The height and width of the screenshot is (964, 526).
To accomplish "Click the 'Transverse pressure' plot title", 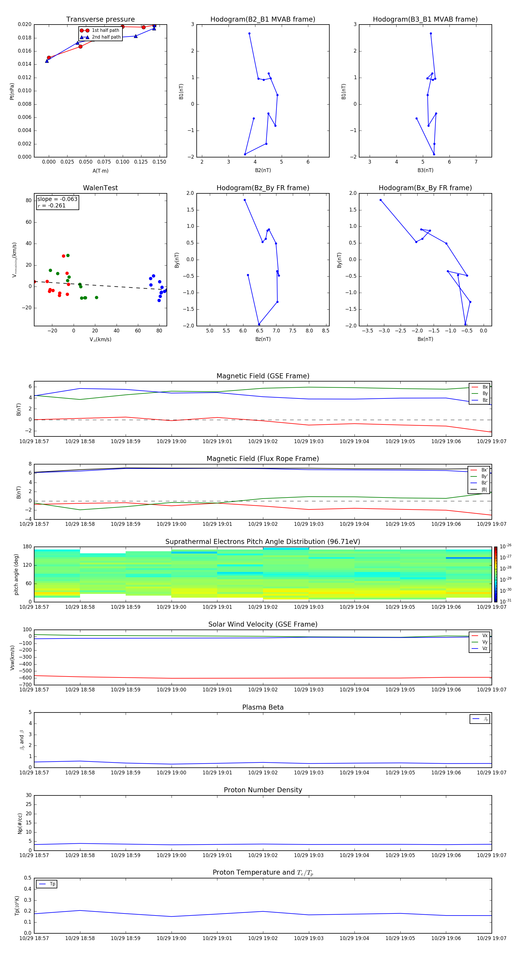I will point(100,20).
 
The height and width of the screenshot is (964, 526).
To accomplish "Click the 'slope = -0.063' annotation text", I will point(57,199).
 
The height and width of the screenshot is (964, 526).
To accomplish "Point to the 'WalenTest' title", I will point(100,188).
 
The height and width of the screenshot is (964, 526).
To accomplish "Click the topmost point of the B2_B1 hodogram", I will point(249,34).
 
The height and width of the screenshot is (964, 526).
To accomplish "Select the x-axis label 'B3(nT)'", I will point(425,170).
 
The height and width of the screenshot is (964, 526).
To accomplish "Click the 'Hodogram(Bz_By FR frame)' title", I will point(263,188).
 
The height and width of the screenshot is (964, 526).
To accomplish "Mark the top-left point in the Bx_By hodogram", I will point(381,200).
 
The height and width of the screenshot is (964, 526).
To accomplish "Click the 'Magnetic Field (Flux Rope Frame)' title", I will point(263,459).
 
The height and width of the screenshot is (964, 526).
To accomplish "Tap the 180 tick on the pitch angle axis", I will point(27,547).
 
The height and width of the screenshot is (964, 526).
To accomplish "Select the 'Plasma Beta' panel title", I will point(263,707).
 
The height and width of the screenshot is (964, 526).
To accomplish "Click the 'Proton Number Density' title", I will point(263,790).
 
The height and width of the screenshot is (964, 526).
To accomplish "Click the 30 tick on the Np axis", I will point(28,795).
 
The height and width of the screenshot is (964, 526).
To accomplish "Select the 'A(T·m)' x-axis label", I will point(100,171).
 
